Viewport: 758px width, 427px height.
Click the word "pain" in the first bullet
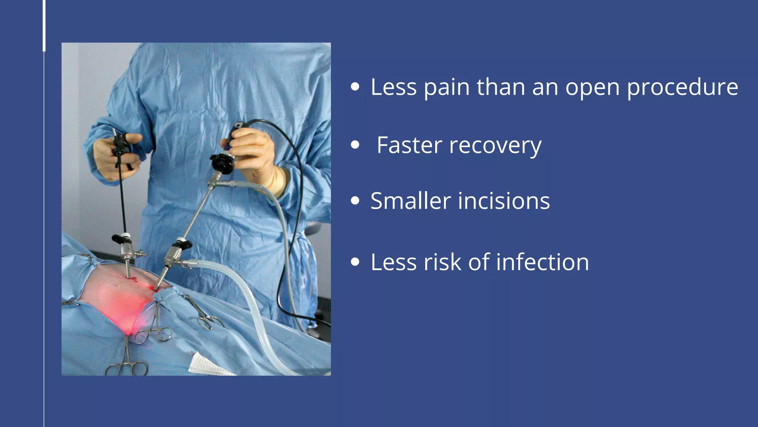446,88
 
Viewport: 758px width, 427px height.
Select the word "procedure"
682,88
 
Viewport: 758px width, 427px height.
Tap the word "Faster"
409,145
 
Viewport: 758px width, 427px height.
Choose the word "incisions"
504,201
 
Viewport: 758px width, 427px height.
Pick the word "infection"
543,262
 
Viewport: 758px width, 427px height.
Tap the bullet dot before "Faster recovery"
355,145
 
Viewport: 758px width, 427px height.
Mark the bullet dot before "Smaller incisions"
355,201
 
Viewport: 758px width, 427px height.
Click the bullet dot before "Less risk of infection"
355,262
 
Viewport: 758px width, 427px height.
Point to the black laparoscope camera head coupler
222,163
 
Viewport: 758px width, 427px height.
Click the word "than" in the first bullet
501,87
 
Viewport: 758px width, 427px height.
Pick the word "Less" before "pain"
394,87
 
